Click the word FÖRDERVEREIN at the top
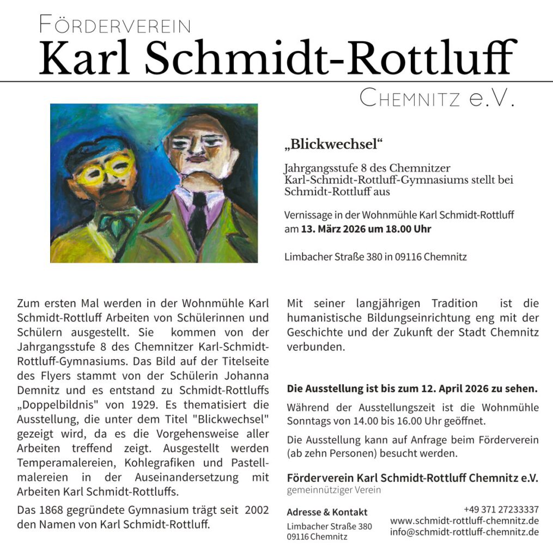115,25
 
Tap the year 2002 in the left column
257,511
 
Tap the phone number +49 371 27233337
501,510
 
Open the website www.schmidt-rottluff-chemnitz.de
465,521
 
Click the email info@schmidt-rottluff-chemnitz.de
465,532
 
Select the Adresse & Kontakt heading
327,512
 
